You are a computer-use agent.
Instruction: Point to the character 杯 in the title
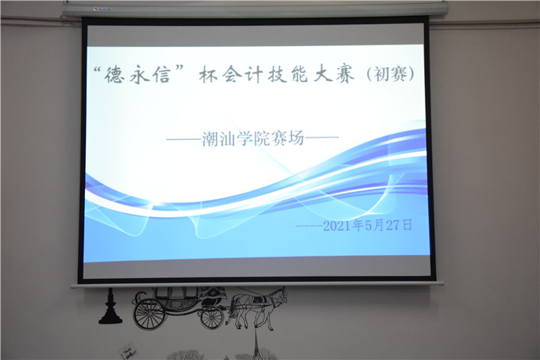pyautogui.click(x=209, y=75)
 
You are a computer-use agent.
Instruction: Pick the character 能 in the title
pyautogui.click(x=298, y=75)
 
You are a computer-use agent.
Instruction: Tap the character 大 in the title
pyautogui.click(x=322, y=75)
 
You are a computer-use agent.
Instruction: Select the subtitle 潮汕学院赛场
pyautogui.click(x=253, y=138)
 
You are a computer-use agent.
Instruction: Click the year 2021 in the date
pyautogui.click(x=338, y=226)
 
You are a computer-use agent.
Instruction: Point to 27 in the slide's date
pyautogui.click(x=394, y=225)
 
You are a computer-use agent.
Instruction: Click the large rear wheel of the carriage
pyautogui.click(x=149, y=313)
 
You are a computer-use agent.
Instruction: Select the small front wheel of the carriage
pyautogui.click(x=212, y=317)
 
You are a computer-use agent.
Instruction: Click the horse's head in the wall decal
pyautogui.click(x=281, y=296)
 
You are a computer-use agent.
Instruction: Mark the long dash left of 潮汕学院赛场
pyautogui.click(x=184, y=139)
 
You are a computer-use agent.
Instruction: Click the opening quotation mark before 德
pyautogui.click(x=99, y=70)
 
